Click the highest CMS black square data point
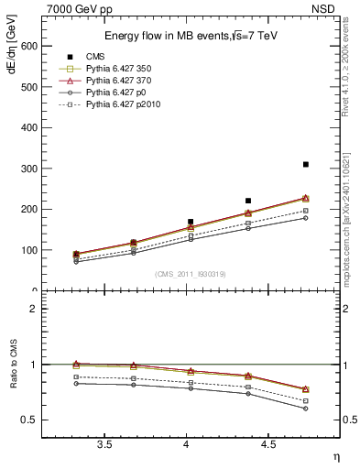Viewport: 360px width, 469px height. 306,164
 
